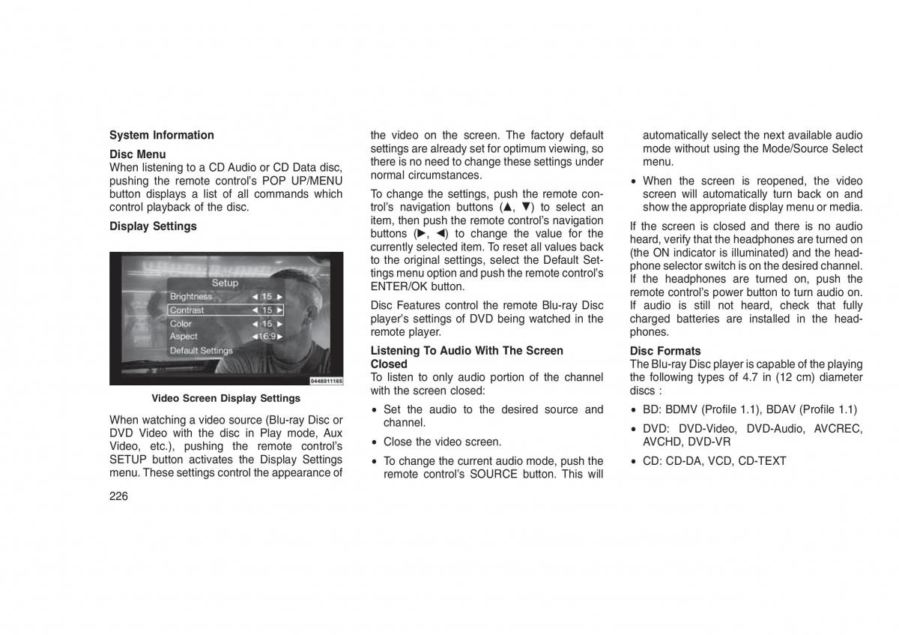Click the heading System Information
[x=161, y=135]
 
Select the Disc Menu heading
[x=137, y=154]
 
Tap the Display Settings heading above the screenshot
[x=153, y=226]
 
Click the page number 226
[x=118, y=496]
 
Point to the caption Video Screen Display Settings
[x=225, y=398]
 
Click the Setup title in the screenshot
[x=225, y=283]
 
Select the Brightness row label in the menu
[x=191, y=296]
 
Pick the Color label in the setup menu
[x=181, y=323]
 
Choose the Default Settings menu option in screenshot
[x=201, y=350]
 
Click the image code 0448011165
[x=326, y=381]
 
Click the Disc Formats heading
[x=665, y=351]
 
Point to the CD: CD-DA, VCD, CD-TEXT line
[x=714, y=461]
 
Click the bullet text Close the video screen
[x=442, y=442]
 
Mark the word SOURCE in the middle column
[x=494, y=474]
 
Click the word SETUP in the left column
[x=128, y=460]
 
